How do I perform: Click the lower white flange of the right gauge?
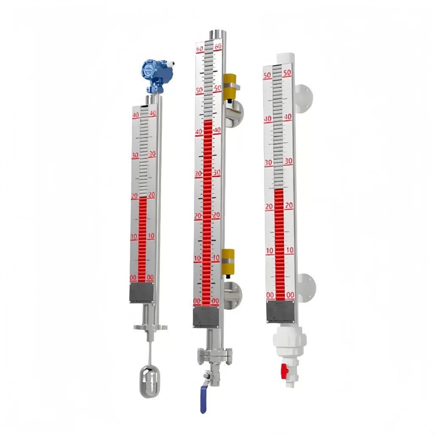[306, 287]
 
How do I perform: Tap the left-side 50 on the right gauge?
[267, 75]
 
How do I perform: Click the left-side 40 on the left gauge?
[136, 115]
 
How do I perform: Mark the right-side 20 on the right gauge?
[289, 206]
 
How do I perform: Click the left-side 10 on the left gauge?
[134, 236]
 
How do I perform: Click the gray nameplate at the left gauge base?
[141, 292]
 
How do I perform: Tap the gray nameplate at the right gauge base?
[280, 312]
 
